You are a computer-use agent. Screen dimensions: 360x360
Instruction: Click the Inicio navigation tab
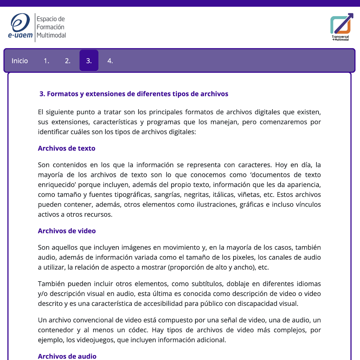click(20, 61)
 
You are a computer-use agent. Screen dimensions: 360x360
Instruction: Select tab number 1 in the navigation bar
click(46, 61)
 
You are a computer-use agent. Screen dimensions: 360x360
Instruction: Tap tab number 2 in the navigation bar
click(67, 61)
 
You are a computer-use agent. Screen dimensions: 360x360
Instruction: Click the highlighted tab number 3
click(89, 61)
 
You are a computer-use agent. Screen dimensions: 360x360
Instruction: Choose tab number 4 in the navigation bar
click(110, 61)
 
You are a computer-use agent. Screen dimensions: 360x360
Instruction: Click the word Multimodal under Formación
click(51, 35)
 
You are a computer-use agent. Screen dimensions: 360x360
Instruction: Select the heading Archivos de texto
click(66, 148)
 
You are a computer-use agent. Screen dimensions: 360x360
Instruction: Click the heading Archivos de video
click(67, 231)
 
